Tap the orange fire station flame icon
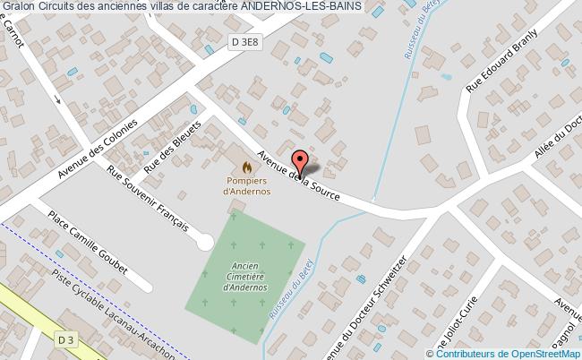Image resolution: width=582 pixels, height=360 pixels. click(x=247, y=166)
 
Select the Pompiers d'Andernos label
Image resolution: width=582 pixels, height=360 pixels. click(x=247, y=185)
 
